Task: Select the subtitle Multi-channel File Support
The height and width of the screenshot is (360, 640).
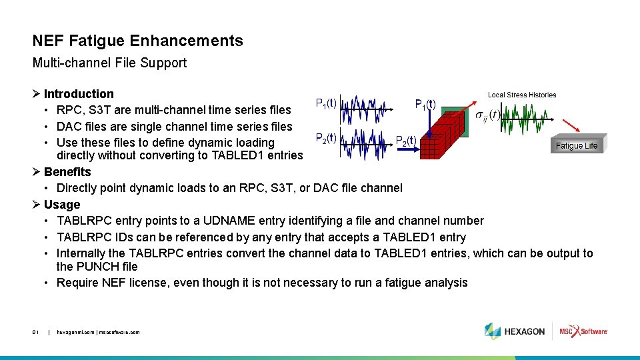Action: tap(109, 63)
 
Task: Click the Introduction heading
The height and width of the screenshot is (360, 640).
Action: tap(79, 94)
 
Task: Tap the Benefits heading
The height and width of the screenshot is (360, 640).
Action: tap(67, 172)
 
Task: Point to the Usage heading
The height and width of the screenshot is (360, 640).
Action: tap(62, 205)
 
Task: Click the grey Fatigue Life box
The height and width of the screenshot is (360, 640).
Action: tap(577, 146)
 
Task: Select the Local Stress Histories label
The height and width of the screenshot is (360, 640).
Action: tap(522, 95)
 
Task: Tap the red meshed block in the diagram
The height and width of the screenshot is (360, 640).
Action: tap(447, 137)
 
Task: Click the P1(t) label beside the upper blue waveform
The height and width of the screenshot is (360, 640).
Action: tap(325, 103)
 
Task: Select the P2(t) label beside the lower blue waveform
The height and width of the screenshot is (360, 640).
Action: tap(325, 139)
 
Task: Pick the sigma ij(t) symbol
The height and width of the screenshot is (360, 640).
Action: tap(487, 116)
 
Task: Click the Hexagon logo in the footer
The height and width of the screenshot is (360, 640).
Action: tap(515, 331)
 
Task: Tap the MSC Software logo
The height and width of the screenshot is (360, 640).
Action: tap(583, 331)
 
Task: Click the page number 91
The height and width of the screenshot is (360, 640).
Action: tap(36, 332)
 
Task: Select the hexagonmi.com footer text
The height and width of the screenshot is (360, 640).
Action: tap(98, 332)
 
